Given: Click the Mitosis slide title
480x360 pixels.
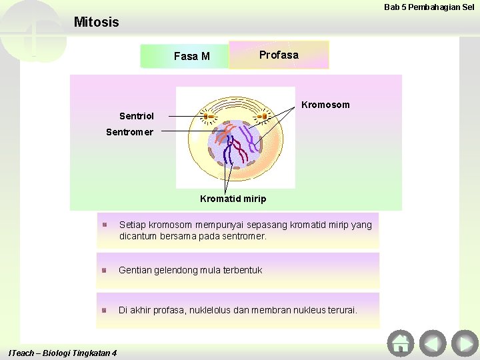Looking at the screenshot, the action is click(x=96, y=22).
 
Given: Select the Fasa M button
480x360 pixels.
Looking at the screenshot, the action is click(x=191, y=56).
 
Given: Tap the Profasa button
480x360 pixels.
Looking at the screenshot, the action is click(x=279, y=55).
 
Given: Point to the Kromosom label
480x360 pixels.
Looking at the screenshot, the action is click(x=325, y=105).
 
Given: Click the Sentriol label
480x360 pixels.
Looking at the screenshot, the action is click(x=136, y=116).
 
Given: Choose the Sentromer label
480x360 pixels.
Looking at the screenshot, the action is click(x=129, y=132).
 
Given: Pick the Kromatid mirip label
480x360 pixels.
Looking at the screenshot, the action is click(x=233, y=199).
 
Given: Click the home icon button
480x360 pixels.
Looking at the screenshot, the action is click(x=400, y=343).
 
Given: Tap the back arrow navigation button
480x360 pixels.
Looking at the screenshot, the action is click(x=433, y=343).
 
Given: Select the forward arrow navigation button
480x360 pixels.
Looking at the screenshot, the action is click(x=464, y=343).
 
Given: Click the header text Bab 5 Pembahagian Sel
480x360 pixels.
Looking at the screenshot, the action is click(x=429, y=7).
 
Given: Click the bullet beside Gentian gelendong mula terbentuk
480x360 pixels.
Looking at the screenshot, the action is click(x=105, y=271).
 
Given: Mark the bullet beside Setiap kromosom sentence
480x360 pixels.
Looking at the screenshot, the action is click(x=105, y=225).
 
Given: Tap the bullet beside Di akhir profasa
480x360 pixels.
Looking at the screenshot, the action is click(x=105, y=311).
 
